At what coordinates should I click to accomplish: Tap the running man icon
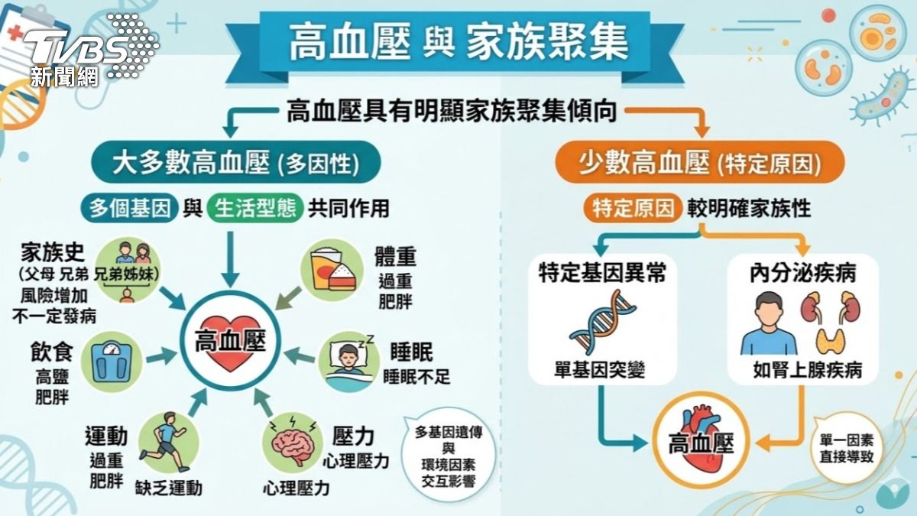pyautogui.click(x=164, y=443)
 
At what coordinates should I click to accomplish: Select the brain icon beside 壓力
pyautogui.click(x=292, y=443)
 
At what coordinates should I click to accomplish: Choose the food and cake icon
pyautogui.click(x=332, y=269)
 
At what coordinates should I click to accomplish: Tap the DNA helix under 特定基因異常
pyautogui.click(x=603, y=322)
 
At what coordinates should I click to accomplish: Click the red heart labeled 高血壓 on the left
pyautogui.click(x=231, y=342)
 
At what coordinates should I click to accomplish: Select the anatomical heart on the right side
pyautogui.click(x=701, y=440)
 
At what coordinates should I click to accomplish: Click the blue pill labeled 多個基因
pyautogui.click(x=129, y=209)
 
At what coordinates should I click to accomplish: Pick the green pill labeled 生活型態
pyautogui.click(x=255, y=209)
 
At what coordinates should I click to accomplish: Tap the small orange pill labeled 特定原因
pyautogui.click(x=633, y=209)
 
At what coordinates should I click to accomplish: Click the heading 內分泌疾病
pyautogui.click(x=803, y=274)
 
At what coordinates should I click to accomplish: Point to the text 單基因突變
pyautogui.click(x=600, y=369)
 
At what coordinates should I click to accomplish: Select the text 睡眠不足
pyautogui.click(x=416, y=376)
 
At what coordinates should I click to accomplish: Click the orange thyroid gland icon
pyautogui.click(x=830, y=341)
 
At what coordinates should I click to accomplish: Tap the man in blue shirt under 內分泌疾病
pyautogui.click(x=769, y=323)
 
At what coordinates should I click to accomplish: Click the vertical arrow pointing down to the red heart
pyautogui.click(x=231, y=260)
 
